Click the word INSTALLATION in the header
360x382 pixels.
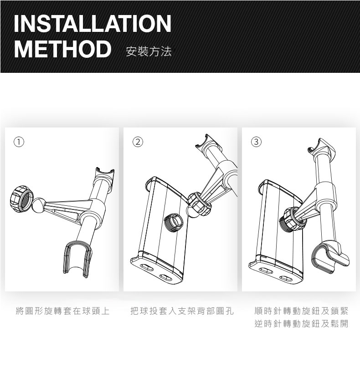coord(93,23)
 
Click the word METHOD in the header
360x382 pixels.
coord(63,49)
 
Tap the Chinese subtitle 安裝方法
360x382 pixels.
coord(149,51)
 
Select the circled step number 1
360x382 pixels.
coord(19,142)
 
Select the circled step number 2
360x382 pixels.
coord(138,142)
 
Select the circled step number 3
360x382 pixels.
coord(256,142)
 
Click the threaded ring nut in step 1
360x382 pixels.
coord(21,199)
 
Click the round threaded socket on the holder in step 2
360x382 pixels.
coord(174,222)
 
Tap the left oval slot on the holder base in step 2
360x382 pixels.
coord(147,267)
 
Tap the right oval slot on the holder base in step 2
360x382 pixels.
coord(166,277)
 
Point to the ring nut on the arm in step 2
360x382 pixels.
coord(200,204)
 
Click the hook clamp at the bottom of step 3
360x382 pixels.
coord(330,257)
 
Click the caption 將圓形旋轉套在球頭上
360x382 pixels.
coord(62,311)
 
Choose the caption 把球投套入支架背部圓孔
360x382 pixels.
coord(182,311)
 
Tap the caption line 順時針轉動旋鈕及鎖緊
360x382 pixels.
coord(301,311)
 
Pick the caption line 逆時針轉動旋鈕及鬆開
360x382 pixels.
coord(301,324)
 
